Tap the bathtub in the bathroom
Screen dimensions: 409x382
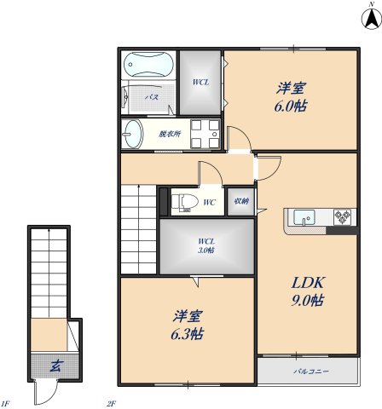point(149,65)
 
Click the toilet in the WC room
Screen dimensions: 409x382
point(185,202)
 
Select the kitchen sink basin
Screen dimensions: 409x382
point(304,218)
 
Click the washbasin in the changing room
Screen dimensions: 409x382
point(132,133)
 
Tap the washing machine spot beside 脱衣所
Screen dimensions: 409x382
point(205,133)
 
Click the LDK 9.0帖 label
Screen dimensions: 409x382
point(305,291)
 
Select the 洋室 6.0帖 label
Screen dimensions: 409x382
point(291,96)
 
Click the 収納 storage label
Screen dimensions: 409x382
point(240,202)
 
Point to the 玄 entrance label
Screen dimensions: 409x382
point(55,366)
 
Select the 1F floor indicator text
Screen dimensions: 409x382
point(6,403)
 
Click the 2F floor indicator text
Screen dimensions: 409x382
point(111,403)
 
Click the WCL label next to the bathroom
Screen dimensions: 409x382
point(200,82)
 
